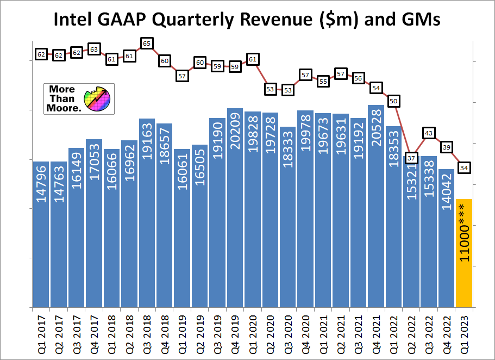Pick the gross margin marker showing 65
tap(147, 43)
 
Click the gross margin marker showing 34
tap(465, 167)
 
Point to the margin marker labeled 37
tap(411, 158)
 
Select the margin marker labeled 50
tap(394, 101)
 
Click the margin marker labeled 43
tap(429, 133)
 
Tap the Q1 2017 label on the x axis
tap(42, 333)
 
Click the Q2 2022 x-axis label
tap(412, 333)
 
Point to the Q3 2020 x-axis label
tap(289, 333)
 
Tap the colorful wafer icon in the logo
tap(97, 98)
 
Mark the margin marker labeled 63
tap(94, 49)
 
